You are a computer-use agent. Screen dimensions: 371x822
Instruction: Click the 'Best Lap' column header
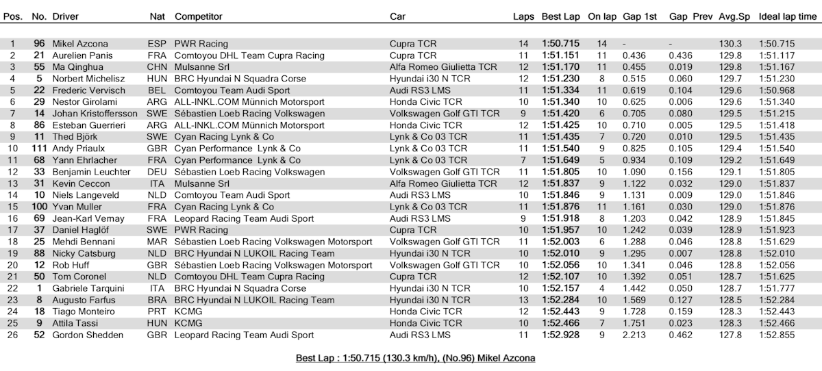point(561,16)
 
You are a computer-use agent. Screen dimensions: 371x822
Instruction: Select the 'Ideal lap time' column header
point(788,16)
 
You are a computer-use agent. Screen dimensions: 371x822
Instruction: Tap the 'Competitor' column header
point(198,16)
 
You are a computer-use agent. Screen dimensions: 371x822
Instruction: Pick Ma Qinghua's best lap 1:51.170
point(560,67)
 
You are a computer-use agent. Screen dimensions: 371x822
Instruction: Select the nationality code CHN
point(156,67)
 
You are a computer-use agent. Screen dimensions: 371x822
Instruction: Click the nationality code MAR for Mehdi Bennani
point(156,242)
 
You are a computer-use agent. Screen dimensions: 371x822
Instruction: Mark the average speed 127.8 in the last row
point(730,335)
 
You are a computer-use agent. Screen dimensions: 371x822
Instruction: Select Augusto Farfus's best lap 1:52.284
point(560,300)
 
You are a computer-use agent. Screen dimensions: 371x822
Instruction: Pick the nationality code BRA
point(156,300)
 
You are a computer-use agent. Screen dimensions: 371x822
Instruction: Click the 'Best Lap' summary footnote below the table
point(415,358)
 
